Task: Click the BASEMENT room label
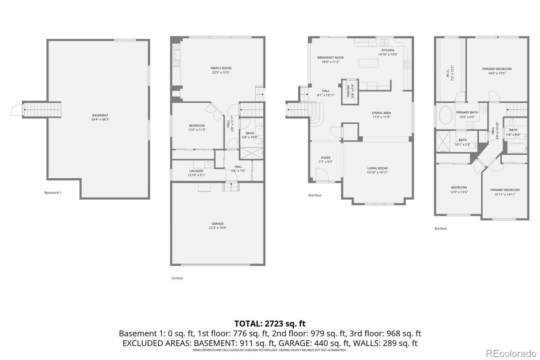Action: click(x=100, y=115)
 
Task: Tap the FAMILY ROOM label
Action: click(x=221, y=68)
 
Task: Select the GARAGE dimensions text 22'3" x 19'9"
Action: click(x=217, y=228)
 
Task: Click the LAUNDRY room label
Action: click(x=196, y=171)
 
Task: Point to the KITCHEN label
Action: click(x=388, y=50)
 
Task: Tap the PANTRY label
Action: click(x=349, y=91)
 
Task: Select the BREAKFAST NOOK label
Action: click(x=330, y=57)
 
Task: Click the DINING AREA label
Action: click(x=381, y=113)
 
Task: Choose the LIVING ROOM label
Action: click(x=377, y=168)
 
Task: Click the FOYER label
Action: click(x=326, y=158)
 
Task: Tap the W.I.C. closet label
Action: click(x=448, y=74)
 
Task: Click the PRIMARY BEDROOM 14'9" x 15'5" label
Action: click(x=497, y=69)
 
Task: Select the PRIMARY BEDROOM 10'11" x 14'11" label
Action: click(x=505, y=190)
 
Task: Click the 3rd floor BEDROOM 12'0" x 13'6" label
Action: click(x=459, y=187)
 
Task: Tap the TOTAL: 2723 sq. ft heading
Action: click(x=270, y=324)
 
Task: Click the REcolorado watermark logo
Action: click(x=511, y=354)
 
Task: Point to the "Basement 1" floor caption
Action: click(x=53, y=193)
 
